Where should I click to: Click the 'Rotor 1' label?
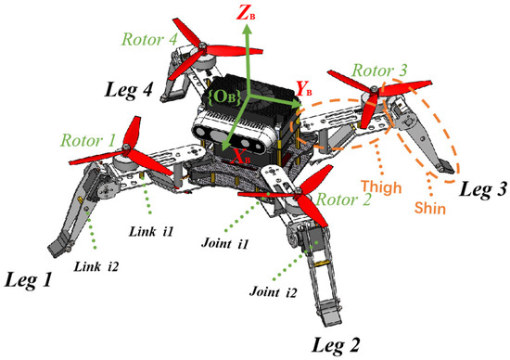89,140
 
